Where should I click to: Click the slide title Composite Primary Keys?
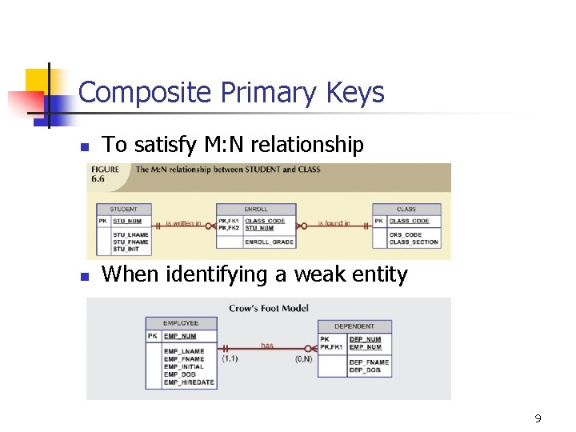[x=231, y=94]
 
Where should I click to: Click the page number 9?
[x=538, y=418]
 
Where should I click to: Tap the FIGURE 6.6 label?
[x=106, y=174]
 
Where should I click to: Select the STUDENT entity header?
[x=124, y=210]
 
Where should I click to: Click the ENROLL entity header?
[x=256, y=210]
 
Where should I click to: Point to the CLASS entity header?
[x=406, y=210]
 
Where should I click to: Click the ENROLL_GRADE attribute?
[x=269, y=242]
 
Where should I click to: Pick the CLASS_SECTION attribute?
[x=414, y=242]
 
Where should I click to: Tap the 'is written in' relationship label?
[x=183, y=223]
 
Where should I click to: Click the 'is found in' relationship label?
[x=334, y=223]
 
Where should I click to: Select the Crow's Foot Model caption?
[x=269, y=308]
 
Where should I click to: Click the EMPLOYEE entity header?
[x=181, y=323]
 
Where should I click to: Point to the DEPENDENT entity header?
[x=354, y=326]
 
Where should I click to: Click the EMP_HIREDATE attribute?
[x=189, y=382]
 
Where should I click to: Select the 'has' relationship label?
[x=267, y=346]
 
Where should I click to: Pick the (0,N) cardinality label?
[x=305, y=358]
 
